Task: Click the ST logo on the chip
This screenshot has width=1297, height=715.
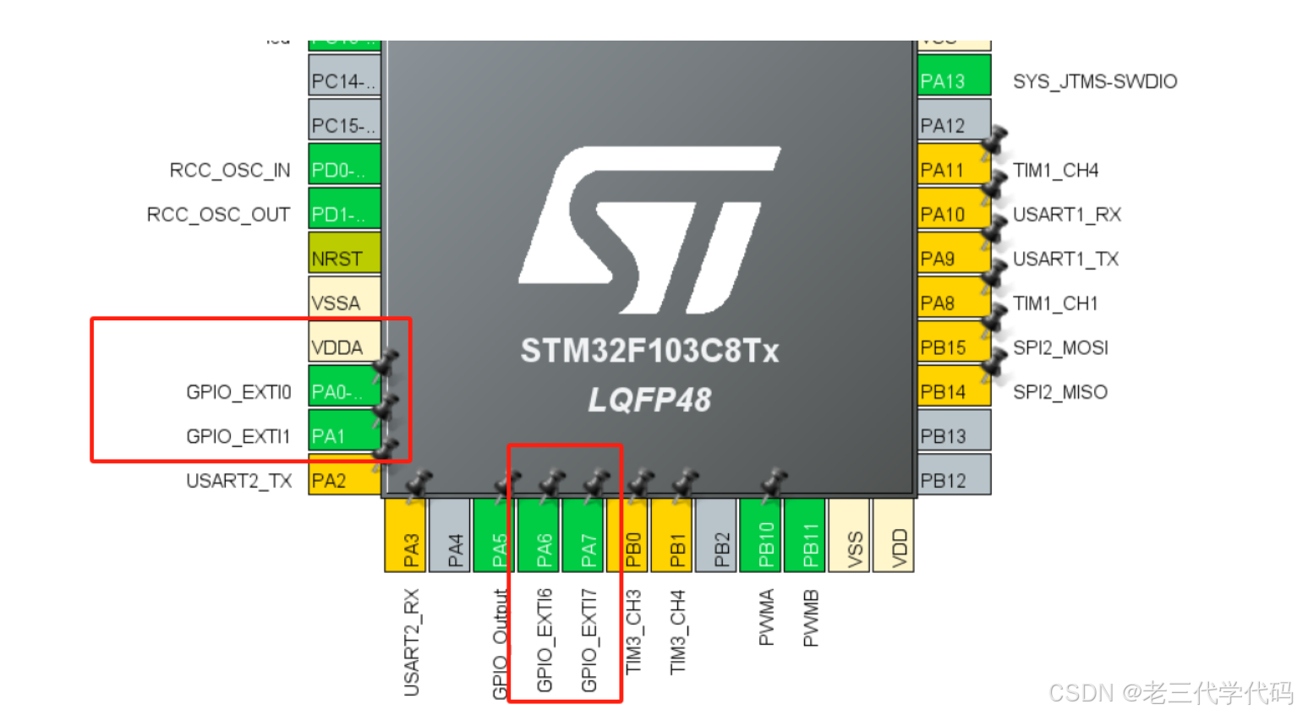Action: (x=649, y=230)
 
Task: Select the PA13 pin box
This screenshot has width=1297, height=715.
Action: (x=953, y=79)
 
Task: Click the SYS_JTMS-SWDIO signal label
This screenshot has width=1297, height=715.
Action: (x=1094, y=82)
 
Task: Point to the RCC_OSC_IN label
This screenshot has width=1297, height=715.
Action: (x=229, y=171)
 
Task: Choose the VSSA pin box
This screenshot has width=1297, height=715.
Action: (x=343, y=302)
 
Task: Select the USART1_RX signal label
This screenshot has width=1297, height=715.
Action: (x=1066, y=215)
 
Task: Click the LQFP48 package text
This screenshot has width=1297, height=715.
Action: (x=649, y=400)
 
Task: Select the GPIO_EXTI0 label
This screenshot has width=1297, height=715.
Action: (x=238, y=392)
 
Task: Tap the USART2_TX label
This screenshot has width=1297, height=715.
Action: (x=238, y=481)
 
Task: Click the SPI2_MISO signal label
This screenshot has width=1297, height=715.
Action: (x=1059, y=392)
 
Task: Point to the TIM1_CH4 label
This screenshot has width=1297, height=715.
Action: (x=1055, y=171)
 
